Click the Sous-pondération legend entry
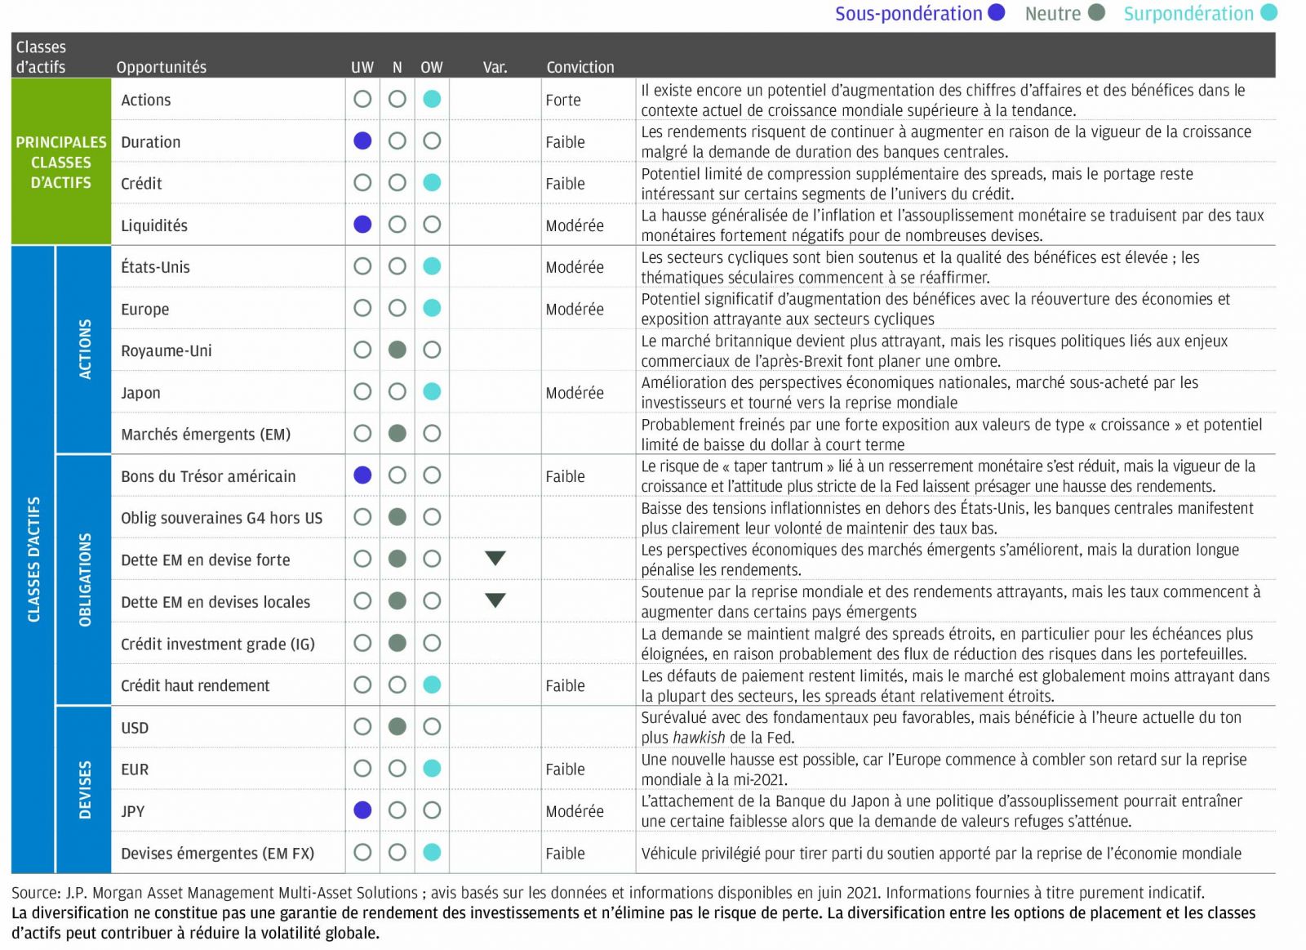(x=918, y=14)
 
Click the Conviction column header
(x=580, y=67)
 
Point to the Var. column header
(x=495, y=67)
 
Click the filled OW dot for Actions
(x=432, y=100)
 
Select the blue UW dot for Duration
(x=362, y=141)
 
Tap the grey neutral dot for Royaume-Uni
(x=398, y=350)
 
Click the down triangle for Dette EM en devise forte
(x=495, y=559)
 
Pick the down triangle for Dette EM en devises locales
(x=495, y=601)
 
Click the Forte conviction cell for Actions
(x=563, y=100)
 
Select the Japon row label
(x=140, y=393)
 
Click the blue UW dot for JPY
(x=362, y=810)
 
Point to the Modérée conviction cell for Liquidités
(x=575, y=225)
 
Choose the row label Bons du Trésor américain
(x=208, y=476)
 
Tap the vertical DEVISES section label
(x=85, y=789)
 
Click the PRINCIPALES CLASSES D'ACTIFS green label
(x=61, y=162)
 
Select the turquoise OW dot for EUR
(x=432, y=769)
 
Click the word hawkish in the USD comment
(x=698, y=738)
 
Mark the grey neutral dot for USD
(x=398, y=727)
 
